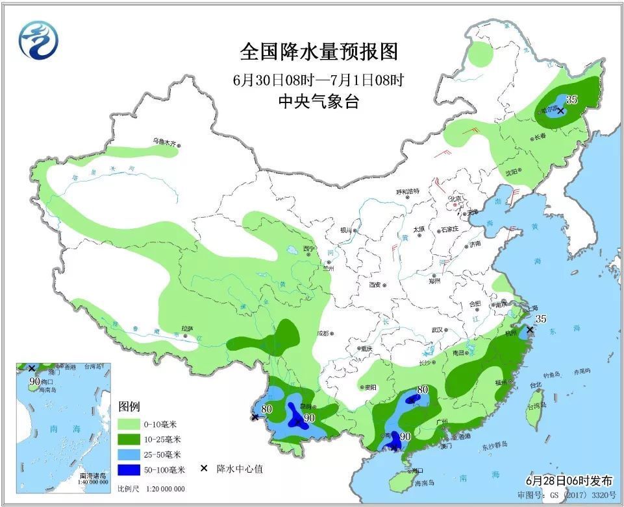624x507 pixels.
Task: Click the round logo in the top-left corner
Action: click(x=38, y=40)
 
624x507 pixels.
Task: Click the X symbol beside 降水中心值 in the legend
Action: click(x=204, y=469)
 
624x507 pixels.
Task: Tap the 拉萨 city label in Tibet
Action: click(x=187, y=329)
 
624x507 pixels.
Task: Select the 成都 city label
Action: click(x=323, y=334)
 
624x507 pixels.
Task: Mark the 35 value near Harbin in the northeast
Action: click(x=571, y=99)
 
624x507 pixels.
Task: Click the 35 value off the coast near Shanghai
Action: click(x=542, y=318)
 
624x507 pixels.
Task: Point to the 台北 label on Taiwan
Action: click(x=535, y=384)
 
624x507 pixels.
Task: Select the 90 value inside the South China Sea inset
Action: click(x=34, y=381)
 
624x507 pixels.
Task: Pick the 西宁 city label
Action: click(x=309, y=248)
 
